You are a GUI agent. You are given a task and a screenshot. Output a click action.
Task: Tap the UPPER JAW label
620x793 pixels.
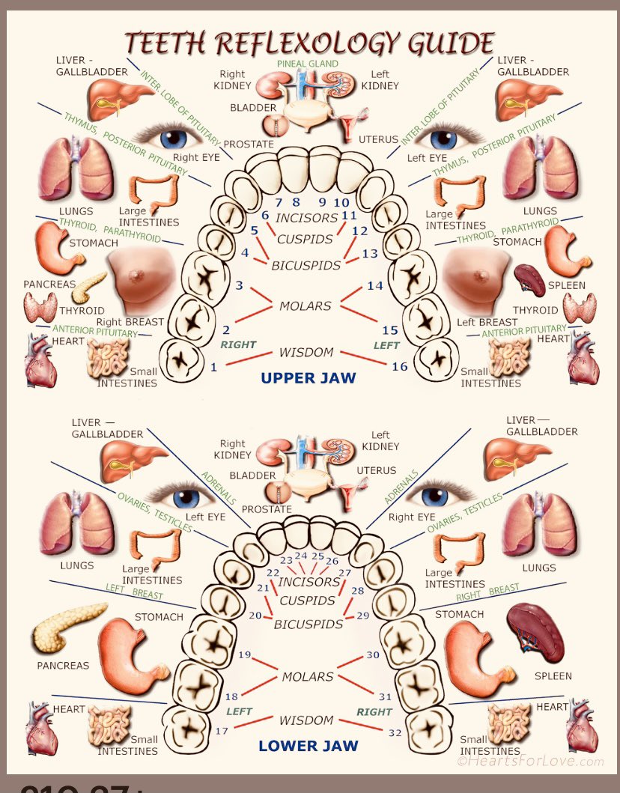308,378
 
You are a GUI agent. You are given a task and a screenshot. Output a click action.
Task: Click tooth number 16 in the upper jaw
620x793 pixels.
400,366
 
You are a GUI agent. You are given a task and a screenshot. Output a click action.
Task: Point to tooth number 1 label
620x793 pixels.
214,367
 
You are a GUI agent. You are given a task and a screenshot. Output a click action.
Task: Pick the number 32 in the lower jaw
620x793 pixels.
395,732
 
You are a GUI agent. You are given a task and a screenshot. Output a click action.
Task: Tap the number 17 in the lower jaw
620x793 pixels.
222,730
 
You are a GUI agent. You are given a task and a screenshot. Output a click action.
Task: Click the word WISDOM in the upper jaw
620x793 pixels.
306,353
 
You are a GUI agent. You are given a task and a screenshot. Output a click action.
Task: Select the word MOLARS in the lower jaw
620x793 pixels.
307,677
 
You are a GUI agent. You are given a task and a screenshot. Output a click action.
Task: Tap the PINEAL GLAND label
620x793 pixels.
308,64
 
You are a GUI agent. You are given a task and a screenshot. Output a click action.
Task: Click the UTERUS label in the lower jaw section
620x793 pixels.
377,471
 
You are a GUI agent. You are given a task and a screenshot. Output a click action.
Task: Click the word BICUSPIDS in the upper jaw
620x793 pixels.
306,265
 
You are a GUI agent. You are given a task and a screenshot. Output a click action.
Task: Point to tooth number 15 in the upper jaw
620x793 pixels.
390,329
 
